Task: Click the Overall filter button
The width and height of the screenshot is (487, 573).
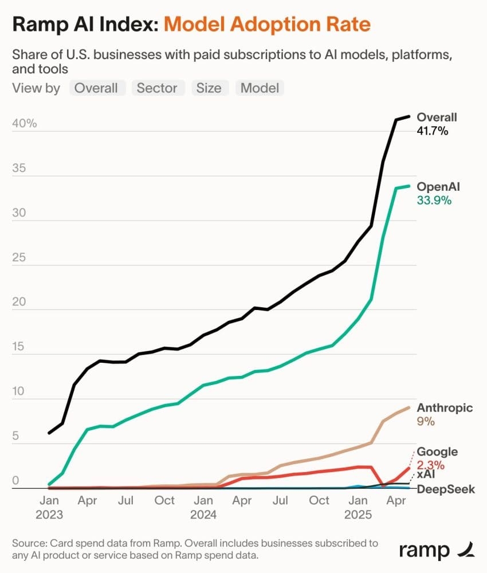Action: tap(96, 88)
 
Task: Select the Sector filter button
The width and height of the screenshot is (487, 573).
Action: tap(158, 88)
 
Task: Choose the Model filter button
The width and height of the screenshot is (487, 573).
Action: tap(260, 88)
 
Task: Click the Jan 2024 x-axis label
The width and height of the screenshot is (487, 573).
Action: tap(204, 507)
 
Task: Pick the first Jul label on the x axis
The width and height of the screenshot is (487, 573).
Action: tap(126, 501)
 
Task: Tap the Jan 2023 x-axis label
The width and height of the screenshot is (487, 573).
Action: tap(50, 507)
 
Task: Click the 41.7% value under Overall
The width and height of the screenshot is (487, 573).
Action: tap(433, 131)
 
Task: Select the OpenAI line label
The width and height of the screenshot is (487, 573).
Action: tap(438, 187)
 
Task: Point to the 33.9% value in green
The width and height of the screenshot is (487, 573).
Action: tap(434, 201)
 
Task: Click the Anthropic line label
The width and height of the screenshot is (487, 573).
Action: tap(445, 408)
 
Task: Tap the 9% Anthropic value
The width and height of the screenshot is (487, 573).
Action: tap(426, 422)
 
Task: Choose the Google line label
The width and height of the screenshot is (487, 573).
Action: tap(437, 453)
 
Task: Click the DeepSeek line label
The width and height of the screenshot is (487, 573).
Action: tap(446, 489)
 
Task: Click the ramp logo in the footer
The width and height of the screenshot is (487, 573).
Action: tap(437, 551)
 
